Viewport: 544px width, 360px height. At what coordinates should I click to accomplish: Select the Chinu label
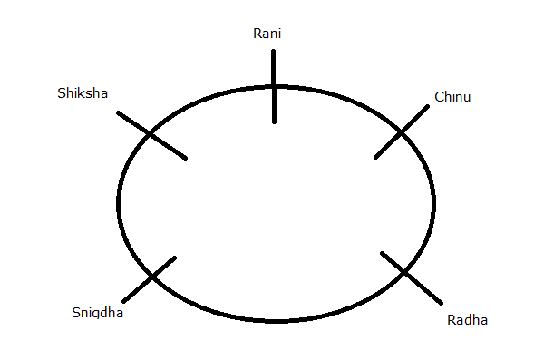[x=452, y=96]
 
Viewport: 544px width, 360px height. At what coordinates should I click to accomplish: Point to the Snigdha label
[x=97, y=313]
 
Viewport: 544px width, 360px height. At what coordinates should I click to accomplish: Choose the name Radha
[x=467, y=319]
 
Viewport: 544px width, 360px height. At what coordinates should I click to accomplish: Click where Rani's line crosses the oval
[x=273, y=86]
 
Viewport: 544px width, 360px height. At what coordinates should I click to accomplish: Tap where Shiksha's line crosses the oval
[x=151, y=135]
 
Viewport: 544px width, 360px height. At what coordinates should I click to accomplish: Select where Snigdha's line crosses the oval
[x=151, y=277]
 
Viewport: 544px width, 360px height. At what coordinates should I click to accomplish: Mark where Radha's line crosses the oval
[x=403, y=272]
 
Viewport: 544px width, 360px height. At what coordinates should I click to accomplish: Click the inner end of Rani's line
[x=273, y=121]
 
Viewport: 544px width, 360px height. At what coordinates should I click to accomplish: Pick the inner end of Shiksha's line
[x=186, y=158]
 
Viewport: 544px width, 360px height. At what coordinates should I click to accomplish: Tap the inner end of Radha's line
[x=383, y=253]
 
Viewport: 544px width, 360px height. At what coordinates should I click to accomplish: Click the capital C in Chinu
[x=439, y=96]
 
